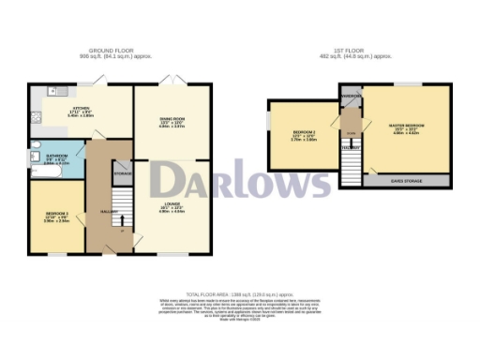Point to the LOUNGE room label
tap(170, 209)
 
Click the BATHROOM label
tap(56, 158)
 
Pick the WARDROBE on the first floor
tap(351, 96)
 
